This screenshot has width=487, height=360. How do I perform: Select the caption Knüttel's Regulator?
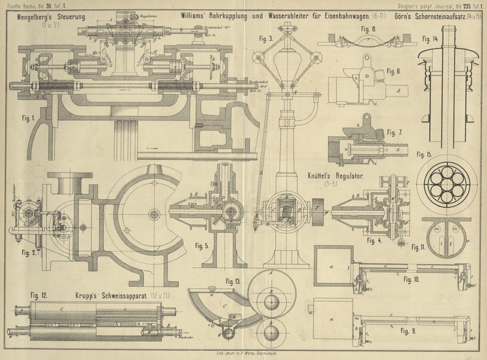tap(335, 176)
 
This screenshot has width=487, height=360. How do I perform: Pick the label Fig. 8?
tap(368, 29)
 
